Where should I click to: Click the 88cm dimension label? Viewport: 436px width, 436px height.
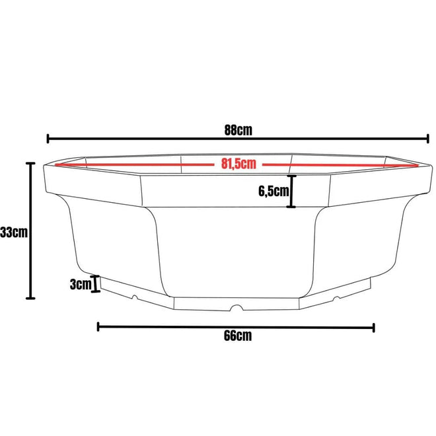[238, 130]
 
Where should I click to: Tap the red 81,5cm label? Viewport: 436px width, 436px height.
[238, 164]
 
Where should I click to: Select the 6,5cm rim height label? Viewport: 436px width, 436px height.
[273, 192]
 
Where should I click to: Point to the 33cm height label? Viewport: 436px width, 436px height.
[14, 232]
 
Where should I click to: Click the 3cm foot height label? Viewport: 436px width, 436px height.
[81, 284]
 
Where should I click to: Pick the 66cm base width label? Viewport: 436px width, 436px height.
[238, 336]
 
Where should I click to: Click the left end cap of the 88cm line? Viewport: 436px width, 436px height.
[48, 139]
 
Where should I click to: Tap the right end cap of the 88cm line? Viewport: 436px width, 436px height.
[427, 139]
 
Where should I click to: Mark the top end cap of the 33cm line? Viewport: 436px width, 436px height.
[30, 164]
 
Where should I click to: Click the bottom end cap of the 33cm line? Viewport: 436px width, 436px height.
[30, 299]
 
